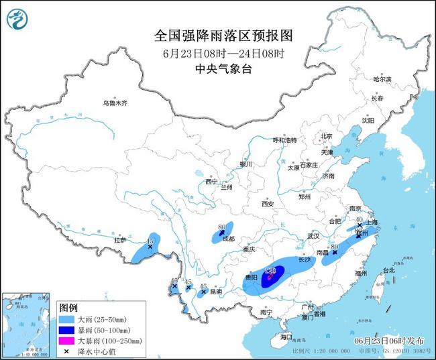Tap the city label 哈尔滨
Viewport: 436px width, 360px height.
point(382,79)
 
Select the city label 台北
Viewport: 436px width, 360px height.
point(389,271)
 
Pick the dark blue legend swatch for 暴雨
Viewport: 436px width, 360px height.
point(66,331)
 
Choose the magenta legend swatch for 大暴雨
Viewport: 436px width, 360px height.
point(66,341)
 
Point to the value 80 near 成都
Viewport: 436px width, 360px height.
point(221,228)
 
